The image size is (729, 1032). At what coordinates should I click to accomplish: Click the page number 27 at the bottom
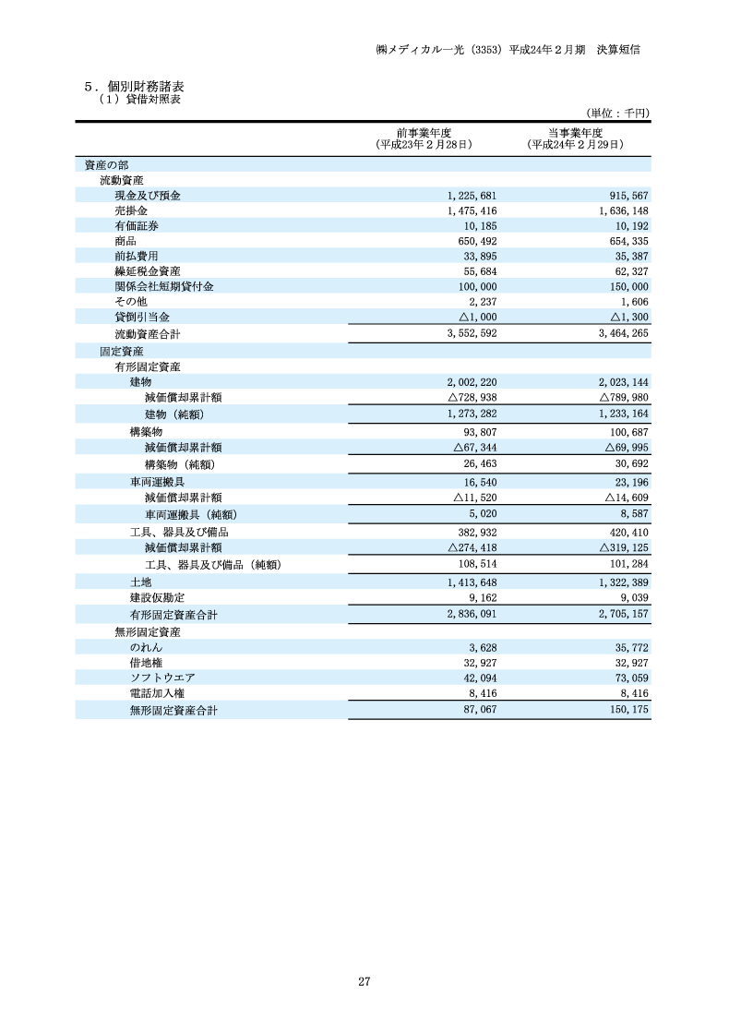pos(364,981)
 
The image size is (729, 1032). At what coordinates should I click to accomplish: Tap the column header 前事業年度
pos(424,132)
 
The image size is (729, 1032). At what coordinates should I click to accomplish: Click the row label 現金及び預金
pos(148,196)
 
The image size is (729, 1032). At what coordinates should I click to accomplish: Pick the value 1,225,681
pos(471,196)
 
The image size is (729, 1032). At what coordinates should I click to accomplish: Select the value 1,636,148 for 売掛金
pos(623,211)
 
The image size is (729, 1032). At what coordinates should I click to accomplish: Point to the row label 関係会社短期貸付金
pos(164,286)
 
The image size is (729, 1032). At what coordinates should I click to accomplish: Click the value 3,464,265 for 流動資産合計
pos(623,332)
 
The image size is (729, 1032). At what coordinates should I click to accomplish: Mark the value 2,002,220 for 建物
pos(472,381)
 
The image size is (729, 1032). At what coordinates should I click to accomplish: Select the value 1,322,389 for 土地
pos(623,582)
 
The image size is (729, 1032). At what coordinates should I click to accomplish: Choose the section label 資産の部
pos(106,165)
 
